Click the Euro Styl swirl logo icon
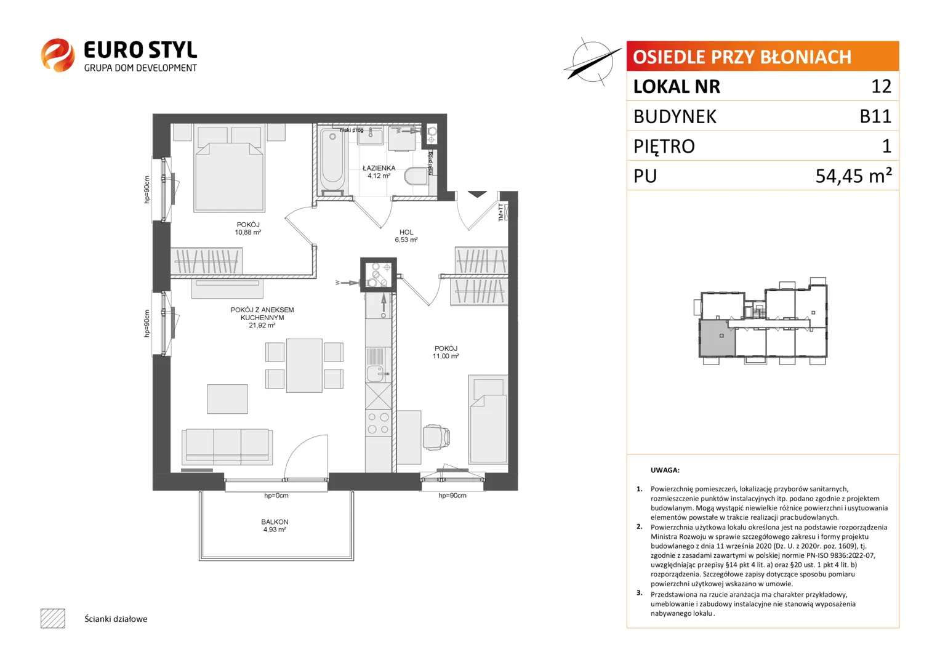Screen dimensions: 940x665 58,55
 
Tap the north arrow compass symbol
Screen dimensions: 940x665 592,62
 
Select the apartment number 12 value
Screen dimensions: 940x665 882,86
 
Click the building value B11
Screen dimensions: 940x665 875,116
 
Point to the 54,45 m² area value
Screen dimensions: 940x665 854,175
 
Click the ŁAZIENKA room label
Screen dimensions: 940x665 379,168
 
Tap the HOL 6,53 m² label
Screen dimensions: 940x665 406,235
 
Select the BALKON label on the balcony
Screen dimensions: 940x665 275,522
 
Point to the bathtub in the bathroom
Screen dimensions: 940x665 332,161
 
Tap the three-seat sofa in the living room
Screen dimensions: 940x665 227,446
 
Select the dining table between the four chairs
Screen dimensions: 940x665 304,365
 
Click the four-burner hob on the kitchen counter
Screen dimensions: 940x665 379,423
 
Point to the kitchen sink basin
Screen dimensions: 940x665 376,373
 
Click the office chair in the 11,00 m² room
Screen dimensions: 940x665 436,437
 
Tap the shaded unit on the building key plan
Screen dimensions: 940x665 717,338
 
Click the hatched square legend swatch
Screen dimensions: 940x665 53,618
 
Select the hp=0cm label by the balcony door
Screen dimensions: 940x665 276,496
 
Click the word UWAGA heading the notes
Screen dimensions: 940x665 665,470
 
